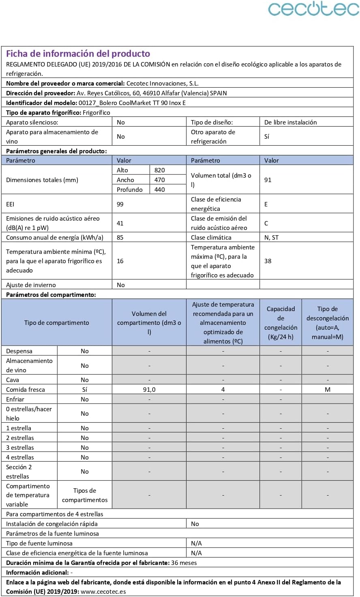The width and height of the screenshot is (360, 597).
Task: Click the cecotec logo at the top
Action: tap(313, 9)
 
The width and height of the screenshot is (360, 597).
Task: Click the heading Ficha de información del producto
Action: tap(78, 54)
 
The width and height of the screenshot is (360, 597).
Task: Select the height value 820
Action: tap(159, 170)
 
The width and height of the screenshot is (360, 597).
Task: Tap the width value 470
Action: tap(159, 180)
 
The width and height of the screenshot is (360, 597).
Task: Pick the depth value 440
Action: tap(159, 190)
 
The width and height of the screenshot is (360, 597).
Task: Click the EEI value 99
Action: tap(120, 204)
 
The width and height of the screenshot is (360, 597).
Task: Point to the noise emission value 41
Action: tap(120, 223)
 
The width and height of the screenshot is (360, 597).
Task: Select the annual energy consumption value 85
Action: tap(120, 238)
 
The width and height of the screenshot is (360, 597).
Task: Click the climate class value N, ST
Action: tap(271, 238)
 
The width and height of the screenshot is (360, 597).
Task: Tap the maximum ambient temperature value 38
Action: tap(268, 261)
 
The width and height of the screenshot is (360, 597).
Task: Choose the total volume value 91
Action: tap(268, 180)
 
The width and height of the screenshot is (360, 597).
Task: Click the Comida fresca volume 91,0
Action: tap(149, 390)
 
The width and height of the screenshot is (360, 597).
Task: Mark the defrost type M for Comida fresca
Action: tap(328, 390)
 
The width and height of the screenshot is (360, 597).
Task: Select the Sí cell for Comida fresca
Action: tap(84, 390)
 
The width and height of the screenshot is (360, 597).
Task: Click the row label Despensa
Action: tap(19, 351)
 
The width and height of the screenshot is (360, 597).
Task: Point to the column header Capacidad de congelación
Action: tap(281, 323)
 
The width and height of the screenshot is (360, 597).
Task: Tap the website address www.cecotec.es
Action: tap(103, 592)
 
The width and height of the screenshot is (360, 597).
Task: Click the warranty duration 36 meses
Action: tap(184, 563)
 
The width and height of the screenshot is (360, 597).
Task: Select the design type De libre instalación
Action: tap(290, 122)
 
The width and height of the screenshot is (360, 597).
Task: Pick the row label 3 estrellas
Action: tap(20, 448)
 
